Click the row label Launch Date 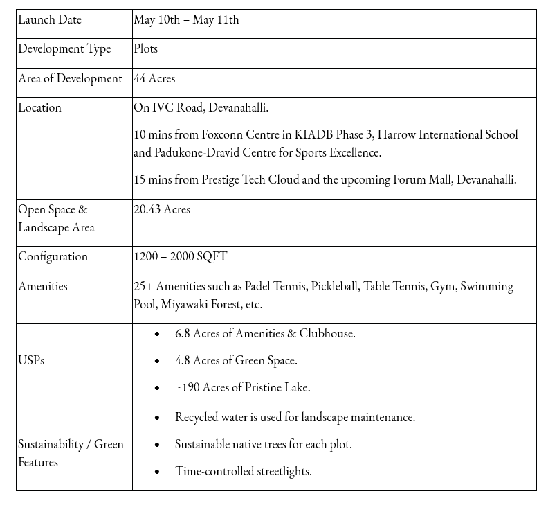pyautogui.click(x=50, y=20)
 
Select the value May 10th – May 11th pyautogui.click(x=186, y=20)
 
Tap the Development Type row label pyautogui.click(x=64, y=49)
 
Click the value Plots pyautogui.click(x=146, y=49)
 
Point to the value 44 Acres pyautogui.click(x=154, y=79)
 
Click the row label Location pyautogui.click(x=39, y=108)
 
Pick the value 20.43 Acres pyautogui.click(x=162, y=210)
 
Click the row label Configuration pyautogui.click(x=53, y=257)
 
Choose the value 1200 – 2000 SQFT pyautogui.click(x=180, y=257)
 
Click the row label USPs pyautogui.click(x=31, y=361)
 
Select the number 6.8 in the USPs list pyautogui.click(x=183, y=334)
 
